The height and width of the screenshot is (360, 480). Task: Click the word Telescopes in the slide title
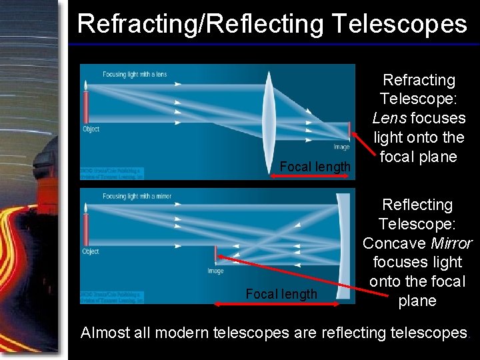399,24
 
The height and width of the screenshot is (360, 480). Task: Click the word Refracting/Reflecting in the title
199,24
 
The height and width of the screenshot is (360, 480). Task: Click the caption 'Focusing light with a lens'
135,74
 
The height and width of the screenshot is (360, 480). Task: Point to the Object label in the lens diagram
91,129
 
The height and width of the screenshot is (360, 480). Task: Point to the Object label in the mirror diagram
91,251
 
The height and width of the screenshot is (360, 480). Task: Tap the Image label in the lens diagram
341,147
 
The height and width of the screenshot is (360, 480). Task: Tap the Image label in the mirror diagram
215,271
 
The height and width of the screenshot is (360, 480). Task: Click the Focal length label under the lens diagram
315,166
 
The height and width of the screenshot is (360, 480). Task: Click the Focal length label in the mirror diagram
281,294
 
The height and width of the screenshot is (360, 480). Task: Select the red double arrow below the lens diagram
309,176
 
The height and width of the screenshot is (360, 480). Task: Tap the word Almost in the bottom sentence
105,333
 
